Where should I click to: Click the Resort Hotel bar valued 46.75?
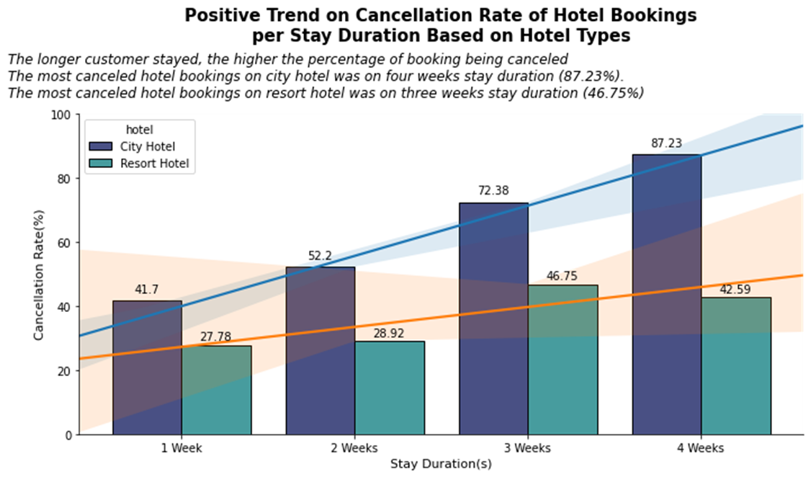point(563,360)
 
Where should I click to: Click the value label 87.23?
point(666,143)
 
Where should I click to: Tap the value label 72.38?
point(493,191)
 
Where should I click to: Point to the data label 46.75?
point(562,276)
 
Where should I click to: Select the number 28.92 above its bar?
point(389,334)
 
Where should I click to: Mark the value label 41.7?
point(147,290)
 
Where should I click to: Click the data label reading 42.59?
point(735,290)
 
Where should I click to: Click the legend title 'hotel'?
point(139,130)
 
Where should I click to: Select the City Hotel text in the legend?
point(148,146)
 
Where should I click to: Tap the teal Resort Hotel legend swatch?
point(100,164)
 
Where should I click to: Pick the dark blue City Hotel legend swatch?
point(100,146)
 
